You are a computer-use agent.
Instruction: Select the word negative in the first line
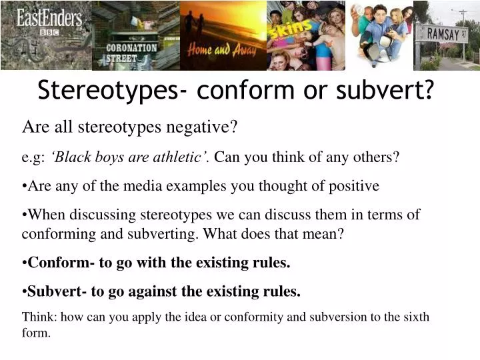pos(205,126)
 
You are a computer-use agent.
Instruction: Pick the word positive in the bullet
pos(354,186)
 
